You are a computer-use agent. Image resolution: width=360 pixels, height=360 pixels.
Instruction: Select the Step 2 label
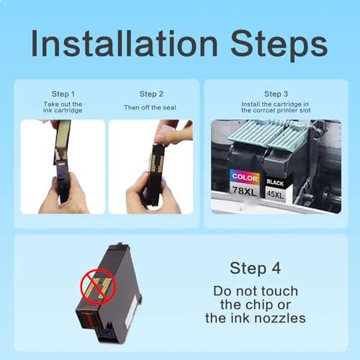click(150, 94)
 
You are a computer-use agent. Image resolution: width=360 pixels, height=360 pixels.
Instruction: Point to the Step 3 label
click(276, 94)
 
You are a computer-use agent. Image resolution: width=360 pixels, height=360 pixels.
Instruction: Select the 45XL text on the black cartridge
click(274, 193)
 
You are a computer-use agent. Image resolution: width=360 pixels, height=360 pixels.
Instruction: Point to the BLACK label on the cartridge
click(274, 182)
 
